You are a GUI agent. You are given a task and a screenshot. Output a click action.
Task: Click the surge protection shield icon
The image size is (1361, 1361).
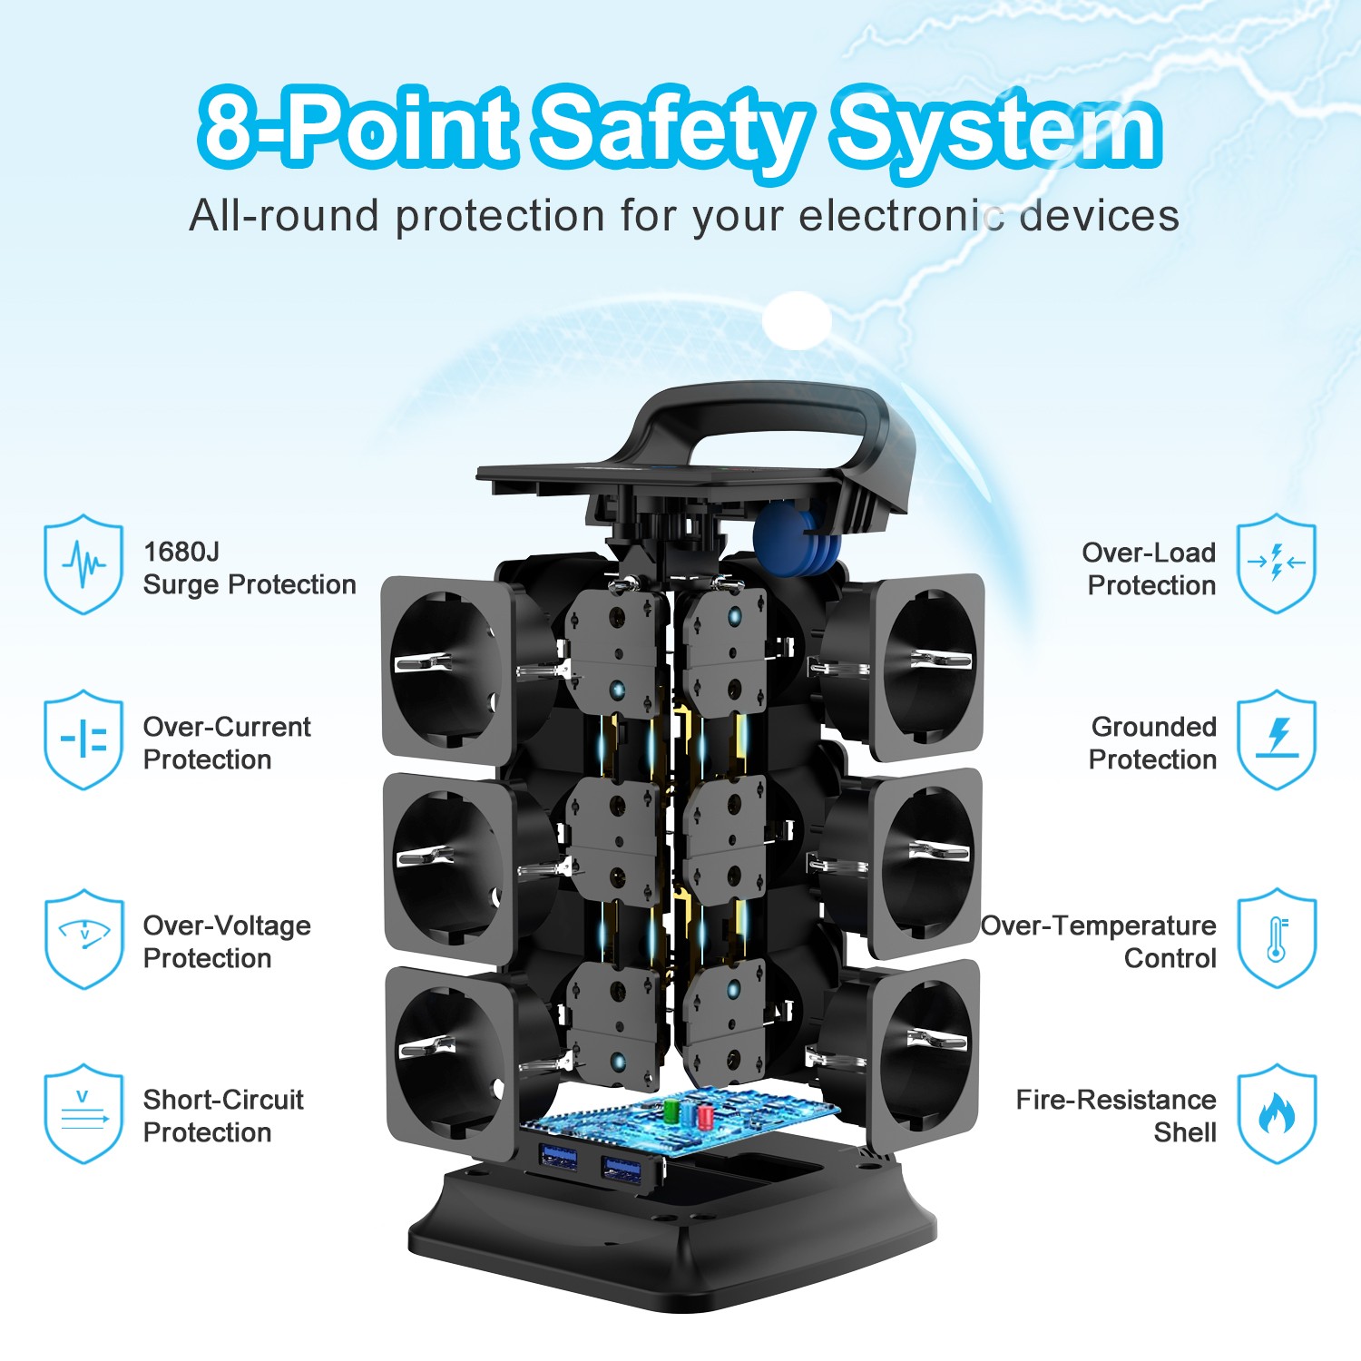tap(83, 563)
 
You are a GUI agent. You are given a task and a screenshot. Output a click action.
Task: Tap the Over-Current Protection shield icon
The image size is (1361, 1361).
tap(83, 739)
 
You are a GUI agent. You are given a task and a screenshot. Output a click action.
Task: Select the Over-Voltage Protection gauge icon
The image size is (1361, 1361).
tap(83, 938)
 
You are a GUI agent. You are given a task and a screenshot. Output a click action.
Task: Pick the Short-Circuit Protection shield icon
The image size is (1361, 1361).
tap(83, 1113)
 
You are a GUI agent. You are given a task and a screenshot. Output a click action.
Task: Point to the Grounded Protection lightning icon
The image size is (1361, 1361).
tap(1277, 739)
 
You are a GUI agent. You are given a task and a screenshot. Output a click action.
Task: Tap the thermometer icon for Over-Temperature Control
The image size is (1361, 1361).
tap(1277, 938)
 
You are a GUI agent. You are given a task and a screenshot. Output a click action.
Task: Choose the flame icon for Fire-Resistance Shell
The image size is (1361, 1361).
tap(1277, 1113)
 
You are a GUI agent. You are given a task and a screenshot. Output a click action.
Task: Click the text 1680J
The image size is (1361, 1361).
tap(181, 552)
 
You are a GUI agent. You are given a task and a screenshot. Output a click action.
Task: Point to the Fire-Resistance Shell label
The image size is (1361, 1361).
tap(1116, 1116)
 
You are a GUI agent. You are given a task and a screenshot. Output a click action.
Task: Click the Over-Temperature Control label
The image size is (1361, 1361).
tap(1100, 942)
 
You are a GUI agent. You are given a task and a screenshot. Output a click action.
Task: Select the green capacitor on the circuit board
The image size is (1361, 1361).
tap(672, 1111)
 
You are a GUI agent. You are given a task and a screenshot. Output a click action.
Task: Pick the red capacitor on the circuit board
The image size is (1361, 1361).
tap(705, 1115)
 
